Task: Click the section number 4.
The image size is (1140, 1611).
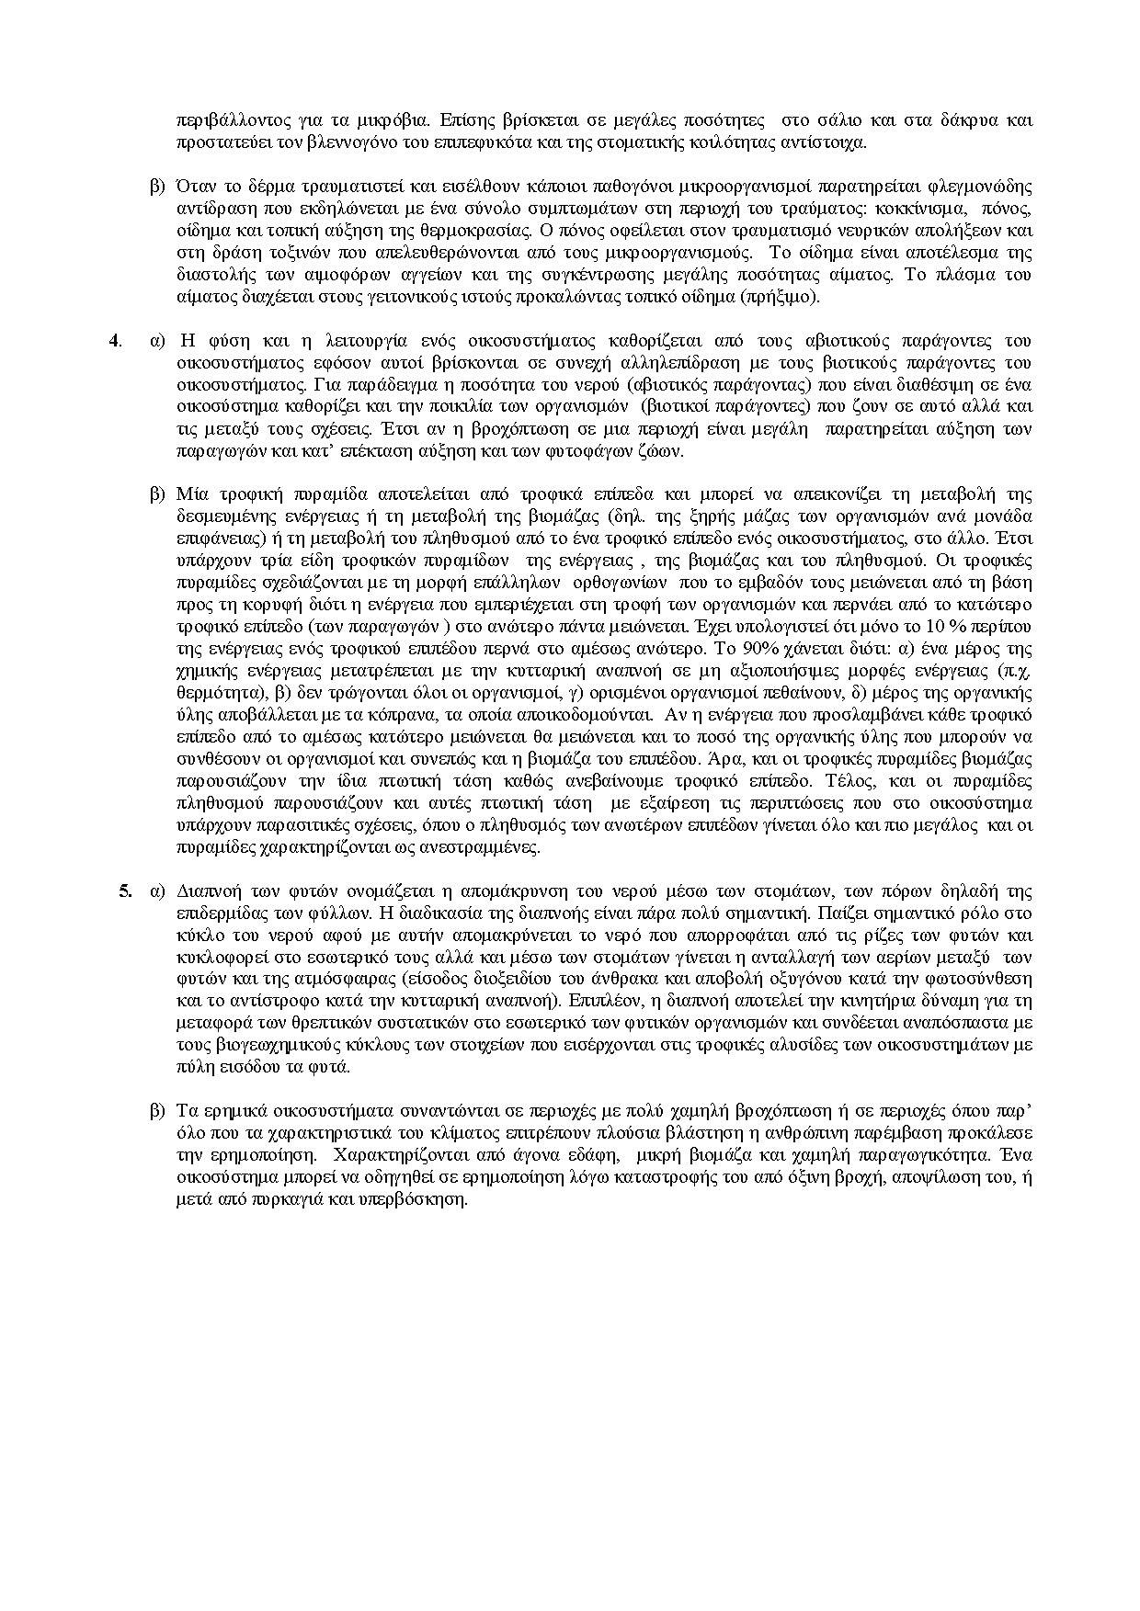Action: point(115,340)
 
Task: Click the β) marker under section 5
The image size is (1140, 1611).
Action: point(157,1112)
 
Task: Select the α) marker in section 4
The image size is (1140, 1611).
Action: point(157,341)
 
